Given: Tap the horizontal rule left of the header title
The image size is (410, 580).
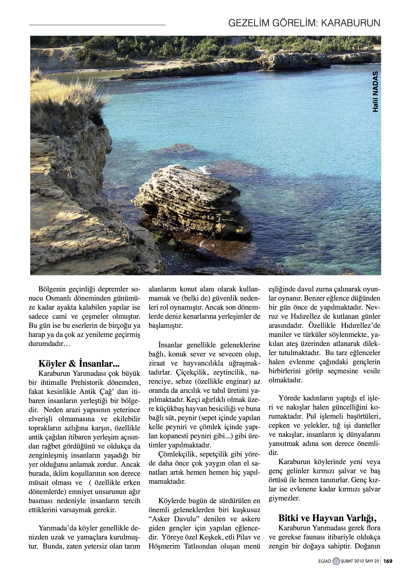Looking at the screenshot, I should click(x=97, y=25).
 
